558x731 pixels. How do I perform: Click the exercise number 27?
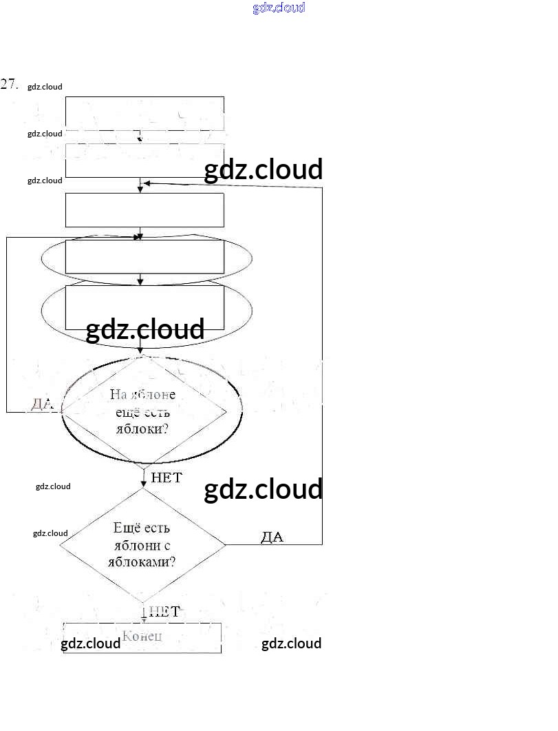(9, 84)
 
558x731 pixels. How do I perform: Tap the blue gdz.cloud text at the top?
(279, 8)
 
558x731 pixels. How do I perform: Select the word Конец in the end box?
(142, 635)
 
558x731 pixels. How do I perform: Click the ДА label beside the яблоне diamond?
(41, 404)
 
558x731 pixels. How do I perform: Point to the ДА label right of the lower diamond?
(272, 537)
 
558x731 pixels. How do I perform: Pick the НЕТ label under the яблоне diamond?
(166, 477)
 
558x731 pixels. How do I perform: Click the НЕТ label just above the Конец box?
(164, 611)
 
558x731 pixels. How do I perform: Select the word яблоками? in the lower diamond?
(142, 562)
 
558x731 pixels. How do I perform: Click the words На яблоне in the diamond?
(142, 395)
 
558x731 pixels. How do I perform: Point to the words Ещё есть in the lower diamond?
(142, 528)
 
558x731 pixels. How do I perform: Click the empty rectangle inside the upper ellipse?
(144, 256)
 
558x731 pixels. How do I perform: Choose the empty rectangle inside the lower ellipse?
(144, 303)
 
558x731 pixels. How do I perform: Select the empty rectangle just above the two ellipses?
(144, 209)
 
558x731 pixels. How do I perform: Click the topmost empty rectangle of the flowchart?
(144, 114)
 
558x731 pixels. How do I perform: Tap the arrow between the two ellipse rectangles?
(140, 279)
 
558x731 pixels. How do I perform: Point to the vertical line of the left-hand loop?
(7, 324)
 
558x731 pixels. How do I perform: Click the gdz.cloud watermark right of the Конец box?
(291, 644)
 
